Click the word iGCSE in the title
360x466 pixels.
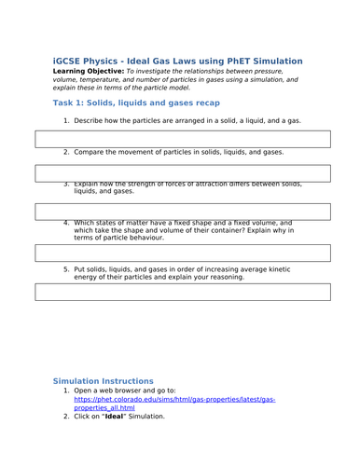tap(70, 60)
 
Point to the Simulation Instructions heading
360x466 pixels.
tap(103, 381)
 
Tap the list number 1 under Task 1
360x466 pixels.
tap(66, 121)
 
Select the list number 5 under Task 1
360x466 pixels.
tap(66, 268)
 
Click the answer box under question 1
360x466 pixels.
tap(183, 139)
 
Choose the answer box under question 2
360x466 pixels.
tap(183, 172)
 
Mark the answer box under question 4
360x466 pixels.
tap(183, 253)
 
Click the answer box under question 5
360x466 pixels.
tap(183, 292)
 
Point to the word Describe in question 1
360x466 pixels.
tap(90, 121)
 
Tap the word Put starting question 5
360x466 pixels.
tap(80, 268)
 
